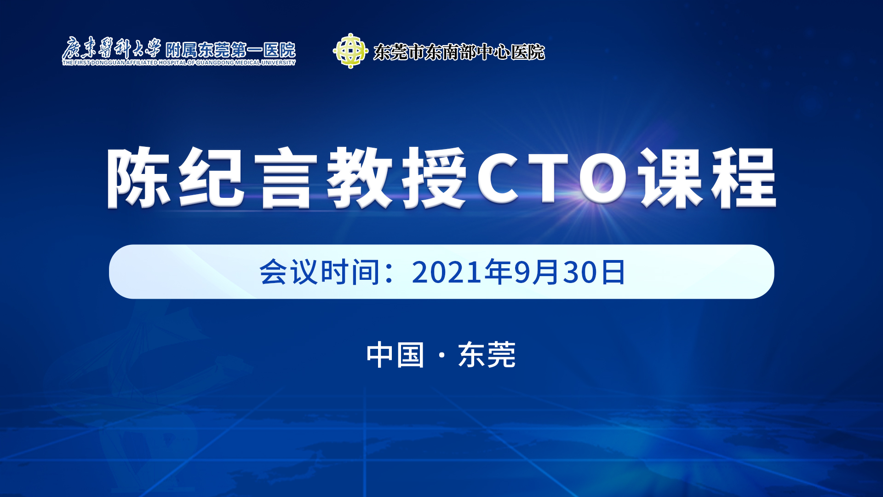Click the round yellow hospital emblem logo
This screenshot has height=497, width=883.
tap(350, 51)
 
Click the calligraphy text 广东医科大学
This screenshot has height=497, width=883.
tap(112, 48)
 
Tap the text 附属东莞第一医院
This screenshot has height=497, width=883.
tap(230, 50)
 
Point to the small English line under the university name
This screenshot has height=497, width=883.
tap(179, 63)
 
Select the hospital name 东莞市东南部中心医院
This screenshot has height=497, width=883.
tap(459, 52)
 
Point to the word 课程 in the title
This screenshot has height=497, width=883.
tap(709, 177)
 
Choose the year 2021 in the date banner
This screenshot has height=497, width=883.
tap(447, 272)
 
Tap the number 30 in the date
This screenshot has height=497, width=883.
tap(581, 272)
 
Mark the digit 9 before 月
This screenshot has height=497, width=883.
tap(522, 272)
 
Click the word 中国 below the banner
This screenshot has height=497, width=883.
tap(395, 355)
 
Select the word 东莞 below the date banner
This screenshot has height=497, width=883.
tap(487, 355)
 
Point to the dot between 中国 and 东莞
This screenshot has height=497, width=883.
tap(441, 355)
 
